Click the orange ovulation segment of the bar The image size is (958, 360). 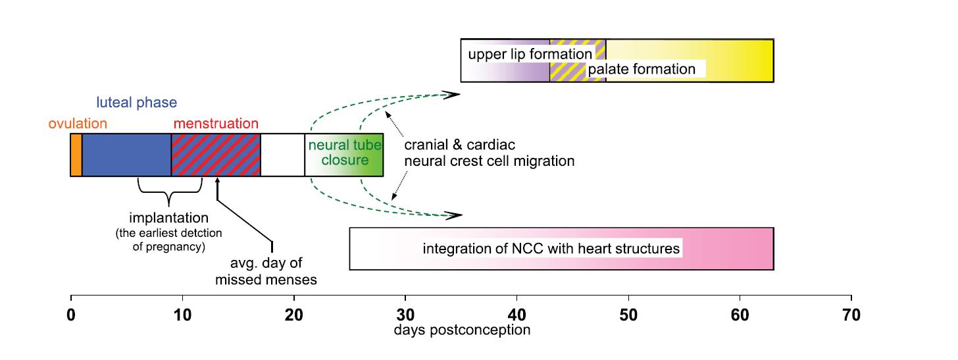(x=76, y=155)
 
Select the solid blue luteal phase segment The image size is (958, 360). (x=126, y=155)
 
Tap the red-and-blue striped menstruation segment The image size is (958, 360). (x=216, y=155)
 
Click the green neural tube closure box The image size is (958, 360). (x=344, y=155)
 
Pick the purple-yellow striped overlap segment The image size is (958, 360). (x=578, y=61)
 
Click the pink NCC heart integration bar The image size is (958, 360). (x=561, y=249)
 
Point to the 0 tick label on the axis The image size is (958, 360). (x=71, y=315)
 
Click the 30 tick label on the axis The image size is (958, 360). (x=405, y=315)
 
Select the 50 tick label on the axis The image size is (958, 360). (x=629, y=315)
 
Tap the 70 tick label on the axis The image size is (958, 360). (x=851, y=315)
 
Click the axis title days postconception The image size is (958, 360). (x=462, y=330)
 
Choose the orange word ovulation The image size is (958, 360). (x=78, y=124)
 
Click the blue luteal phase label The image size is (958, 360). (x=136, y=103)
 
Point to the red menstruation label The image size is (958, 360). (x=216, y=124)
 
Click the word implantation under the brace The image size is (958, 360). (x=169, y=218)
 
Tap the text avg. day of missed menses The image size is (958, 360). (x=266, y=271)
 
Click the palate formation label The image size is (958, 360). (x=642, y=69)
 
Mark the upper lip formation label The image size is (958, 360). (x=530, y=55)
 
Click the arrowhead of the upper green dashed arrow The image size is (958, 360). (x=453, y=95)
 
